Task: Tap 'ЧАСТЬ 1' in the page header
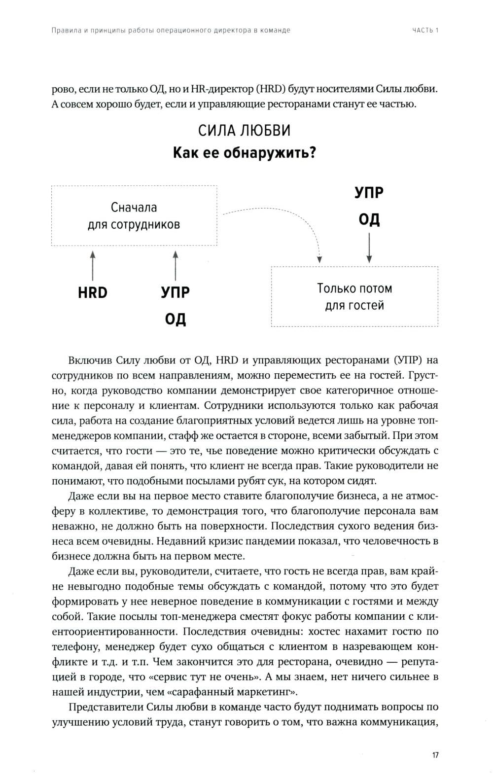pos(425,30)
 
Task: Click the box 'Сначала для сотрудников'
pos(134,216)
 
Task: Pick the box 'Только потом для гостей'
pos(354,296)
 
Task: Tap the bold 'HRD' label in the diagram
pos(93,293)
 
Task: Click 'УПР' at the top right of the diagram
pos(369,192)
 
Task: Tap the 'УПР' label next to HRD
pos(176,293)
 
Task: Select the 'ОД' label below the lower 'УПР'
pos(176,319)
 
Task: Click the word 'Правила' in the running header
pos(65,30)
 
